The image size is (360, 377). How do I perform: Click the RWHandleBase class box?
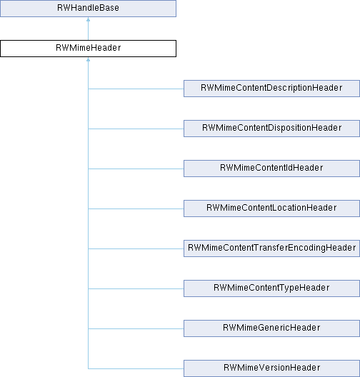(x=88, y=9)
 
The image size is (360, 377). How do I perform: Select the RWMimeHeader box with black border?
(x=88, y=49)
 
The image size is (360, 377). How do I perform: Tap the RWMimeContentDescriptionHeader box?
(x=271, y=89)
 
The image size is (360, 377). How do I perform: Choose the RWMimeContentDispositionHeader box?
(x=271, y=129)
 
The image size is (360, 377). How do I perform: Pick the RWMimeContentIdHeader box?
(x=271, y=169)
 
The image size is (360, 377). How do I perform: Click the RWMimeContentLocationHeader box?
(x=271, y=208)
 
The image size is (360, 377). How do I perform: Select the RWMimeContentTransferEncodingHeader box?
(x=271, y=248)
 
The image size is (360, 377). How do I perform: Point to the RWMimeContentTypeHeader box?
(x=271, y=288)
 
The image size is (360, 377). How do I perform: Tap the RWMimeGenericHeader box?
(x=271, y=328)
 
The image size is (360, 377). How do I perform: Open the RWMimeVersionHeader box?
(x=271, y=368)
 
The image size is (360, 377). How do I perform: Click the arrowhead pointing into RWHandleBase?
(x=89, y=19)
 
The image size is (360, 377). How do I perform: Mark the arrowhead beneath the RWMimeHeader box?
(x=89, y=59)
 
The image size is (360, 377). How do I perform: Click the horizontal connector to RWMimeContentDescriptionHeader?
(x=136, y=89)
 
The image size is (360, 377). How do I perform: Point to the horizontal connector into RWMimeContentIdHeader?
(x=136, y=169)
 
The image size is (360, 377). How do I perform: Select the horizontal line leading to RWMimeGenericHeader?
(x=136, y=328)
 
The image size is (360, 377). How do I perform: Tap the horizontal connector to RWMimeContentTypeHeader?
(x=136, y=288)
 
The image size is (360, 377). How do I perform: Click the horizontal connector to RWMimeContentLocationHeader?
(x=136, y=208)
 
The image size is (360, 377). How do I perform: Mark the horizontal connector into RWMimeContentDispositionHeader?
(x=136, y=129)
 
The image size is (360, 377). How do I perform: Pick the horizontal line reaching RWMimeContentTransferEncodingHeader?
(x=136, y=248)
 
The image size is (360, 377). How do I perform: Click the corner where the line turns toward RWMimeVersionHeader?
(x=89, y=368)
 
